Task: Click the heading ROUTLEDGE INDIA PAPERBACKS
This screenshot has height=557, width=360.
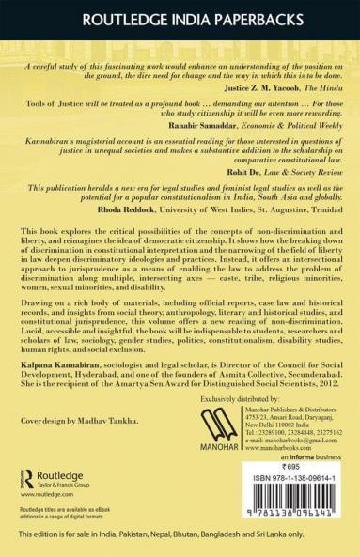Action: [180, 18]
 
